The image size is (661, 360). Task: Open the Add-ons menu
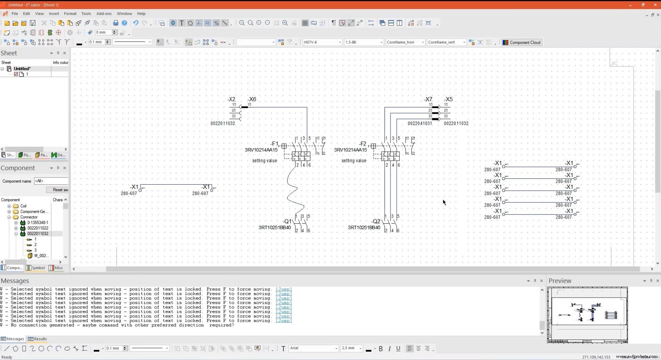point(104,14)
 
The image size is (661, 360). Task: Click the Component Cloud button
point(522,42)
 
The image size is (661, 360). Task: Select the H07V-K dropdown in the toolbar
point(322,42)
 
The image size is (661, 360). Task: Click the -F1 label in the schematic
point(274,144)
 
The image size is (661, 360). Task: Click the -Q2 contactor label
point(376,221)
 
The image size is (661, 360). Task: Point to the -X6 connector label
point(252,99)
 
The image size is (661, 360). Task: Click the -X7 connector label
point(428,99)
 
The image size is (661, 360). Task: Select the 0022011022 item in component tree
point(38,228)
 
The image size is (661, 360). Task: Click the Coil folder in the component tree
point(23,206)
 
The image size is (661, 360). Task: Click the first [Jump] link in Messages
point(283,289)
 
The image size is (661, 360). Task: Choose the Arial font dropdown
point(313,348)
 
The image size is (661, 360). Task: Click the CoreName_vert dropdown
point(446,42)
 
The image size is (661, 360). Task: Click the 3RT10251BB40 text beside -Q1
point(274,227)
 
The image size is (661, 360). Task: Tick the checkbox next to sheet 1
point(16,74)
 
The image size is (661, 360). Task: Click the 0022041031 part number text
point(419,123)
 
